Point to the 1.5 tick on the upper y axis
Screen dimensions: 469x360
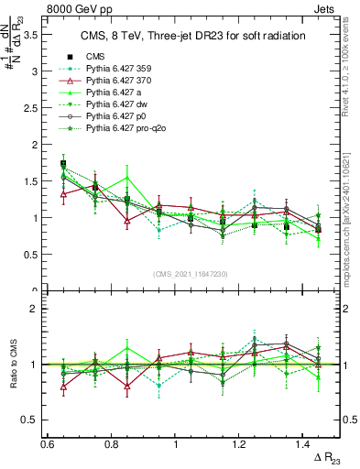36,181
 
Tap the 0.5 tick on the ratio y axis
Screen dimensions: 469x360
36,420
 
